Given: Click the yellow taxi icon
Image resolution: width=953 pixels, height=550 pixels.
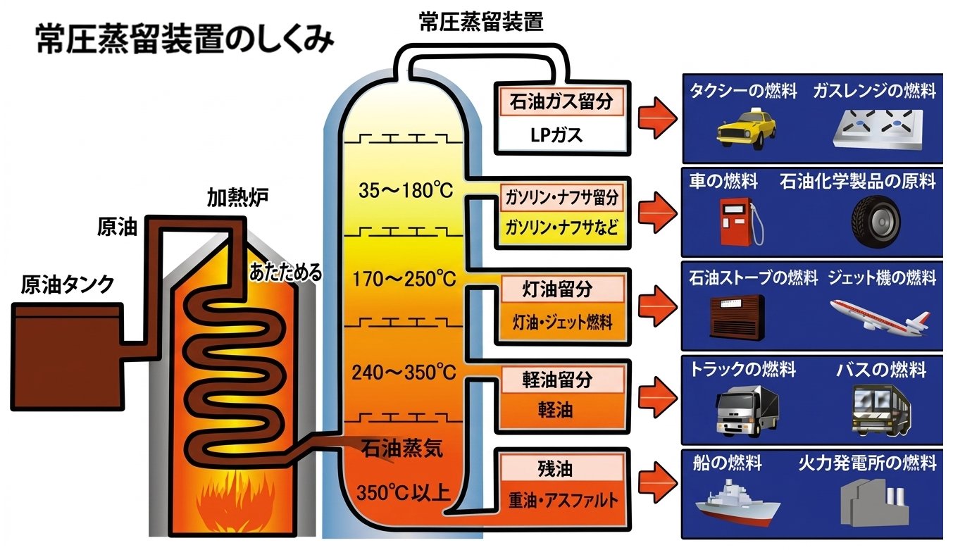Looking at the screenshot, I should tap(746, 131).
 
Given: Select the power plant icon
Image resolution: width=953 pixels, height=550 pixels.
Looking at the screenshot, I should tap(874, 501).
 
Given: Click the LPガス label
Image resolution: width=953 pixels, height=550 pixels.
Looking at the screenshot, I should tap(556, 135).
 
